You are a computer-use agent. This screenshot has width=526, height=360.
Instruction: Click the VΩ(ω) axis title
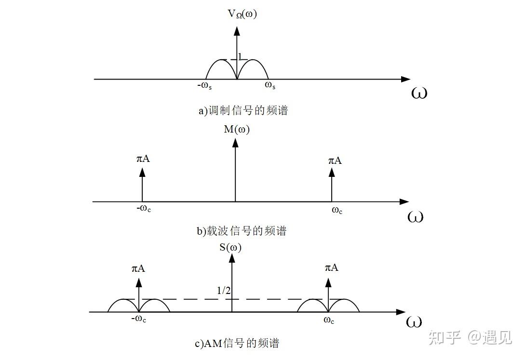(x=243, y=14)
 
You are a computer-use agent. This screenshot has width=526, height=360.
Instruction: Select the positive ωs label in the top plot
(x=270, y=85)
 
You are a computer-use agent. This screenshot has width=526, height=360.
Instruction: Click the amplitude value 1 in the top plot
(x=240, y=56)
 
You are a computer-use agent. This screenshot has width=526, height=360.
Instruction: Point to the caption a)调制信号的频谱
(x=243, y=110)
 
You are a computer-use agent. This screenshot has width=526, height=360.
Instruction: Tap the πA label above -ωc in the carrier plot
(x=143, y=159)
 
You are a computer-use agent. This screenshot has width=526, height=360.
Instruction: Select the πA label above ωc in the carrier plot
(x=335, y=160)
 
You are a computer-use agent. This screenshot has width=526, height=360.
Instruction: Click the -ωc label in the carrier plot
(x=144, y=208)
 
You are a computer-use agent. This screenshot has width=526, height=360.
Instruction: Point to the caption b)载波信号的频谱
(x=241, y=231)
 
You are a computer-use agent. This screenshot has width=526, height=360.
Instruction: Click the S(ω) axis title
(x=230, y=248)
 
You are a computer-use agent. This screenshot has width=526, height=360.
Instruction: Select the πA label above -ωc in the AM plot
(x=138, y=269)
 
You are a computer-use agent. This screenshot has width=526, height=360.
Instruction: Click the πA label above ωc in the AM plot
(x=331, y=267)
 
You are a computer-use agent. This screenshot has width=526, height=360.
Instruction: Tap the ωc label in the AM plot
(x=329, y=320)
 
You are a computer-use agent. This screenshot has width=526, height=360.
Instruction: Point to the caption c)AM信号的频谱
(x=237, y=344)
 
